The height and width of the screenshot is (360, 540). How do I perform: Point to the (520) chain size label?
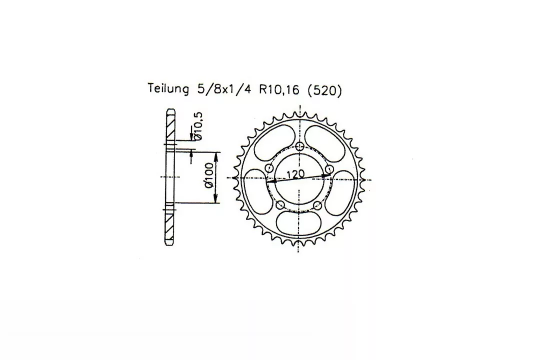click(x=323, y=90)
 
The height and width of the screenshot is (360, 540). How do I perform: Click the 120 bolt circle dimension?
click(x=295, y=173)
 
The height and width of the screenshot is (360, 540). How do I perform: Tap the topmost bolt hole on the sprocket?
click(x=300, y=146)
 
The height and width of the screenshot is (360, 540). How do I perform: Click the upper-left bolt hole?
click(x=269, y=168)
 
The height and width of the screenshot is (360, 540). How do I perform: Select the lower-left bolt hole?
click(x=280, y=205)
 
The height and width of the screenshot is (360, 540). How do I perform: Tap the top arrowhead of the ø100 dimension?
click(x=216, y=156)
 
